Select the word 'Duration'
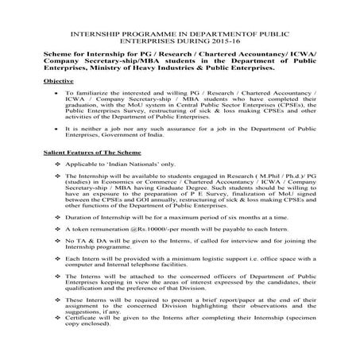click(x=81, y=237)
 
